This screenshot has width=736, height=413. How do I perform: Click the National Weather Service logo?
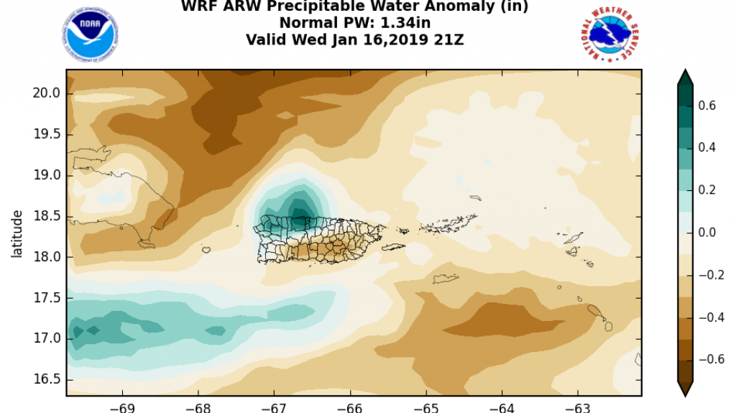[609, 35]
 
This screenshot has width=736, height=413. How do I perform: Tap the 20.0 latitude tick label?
[45, 93]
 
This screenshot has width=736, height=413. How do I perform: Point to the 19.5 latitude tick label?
[45, 134]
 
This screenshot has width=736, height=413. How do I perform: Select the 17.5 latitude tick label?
[45, 297]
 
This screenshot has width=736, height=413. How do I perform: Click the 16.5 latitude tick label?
[45, 379]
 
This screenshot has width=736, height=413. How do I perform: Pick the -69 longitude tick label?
[121, 406]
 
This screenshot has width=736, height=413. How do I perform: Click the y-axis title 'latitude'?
[17, 233]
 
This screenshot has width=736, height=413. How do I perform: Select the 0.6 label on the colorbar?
[708, 106]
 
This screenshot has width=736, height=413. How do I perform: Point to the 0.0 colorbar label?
[708, 233]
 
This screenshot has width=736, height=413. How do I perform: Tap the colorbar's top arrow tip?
[685, 71]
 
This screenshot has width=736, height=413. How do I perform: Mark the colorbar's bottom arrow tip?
[685, 394]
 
